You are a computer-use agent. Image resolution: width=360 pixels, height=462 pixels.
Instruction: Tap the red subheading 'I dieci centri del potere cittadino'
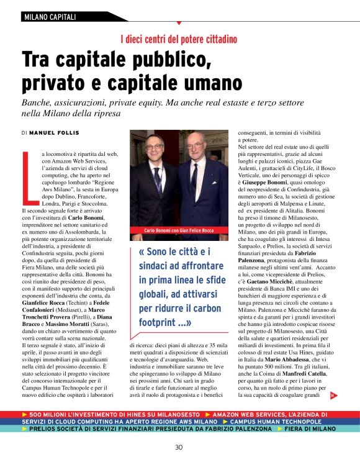[179, 40]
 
